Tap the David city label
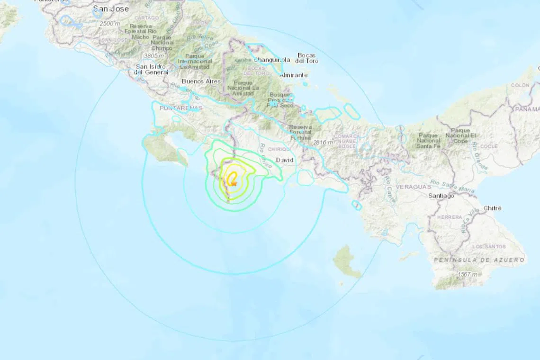tap(284, 160)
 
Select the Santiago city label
tap(441, 195)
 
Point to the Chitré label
tap(492, 208)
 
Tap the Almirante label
tap(294, 75)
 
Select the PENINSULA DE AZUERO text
tap(479, 260)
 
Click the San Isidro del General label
tap(152, 69)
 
